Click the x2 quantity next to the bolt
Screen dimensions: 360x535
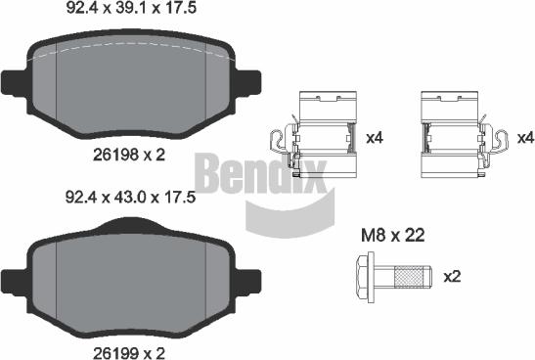(451, 277)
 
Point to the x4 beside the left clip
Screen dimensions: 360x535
(374, 138)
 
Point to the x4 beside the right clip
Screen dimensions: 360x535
(524, 138)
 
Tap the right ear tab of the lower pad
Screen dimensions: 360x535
(248, 276)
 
